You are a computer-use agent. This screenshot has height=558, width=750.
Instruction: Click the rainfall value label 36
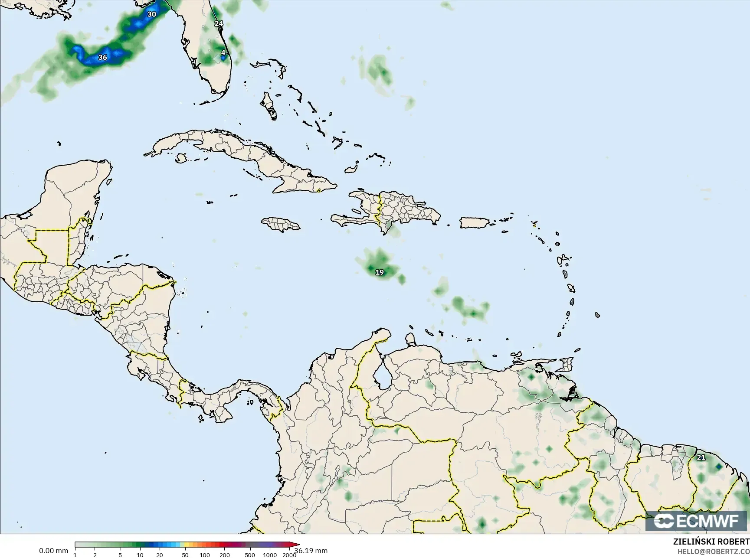tap(102, 57)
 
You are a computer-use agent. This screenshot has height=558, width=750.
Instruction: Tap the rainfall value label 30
tap(151, 14)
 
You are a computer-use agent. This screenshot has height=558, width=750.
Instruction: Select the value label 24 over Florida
tap(219, 23)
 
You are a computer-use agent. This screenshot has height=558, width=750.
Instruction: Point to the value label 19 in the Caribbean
tap(380, 272)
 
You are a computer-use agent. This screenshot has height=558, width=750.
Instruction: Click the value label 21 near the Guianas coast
tap(701, 457)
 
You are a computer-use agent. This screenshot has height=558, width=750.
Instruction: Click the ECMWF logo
tap(697, 521)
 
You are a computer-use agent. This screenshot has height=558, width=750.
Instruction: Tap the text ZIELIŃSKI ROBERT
tap(711, 542)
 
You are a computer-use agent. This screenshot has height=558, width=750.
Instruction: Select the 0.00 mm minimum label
tap(53, 551)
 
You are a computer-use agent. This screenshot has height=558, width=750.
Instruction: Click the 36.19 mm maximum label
tap(311, 551)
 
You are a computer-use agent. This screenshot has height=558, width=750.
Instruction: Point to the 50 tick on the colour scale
tap(185, 555)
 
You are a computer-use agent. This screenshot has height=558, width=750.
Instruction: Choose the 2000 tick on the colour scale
tap(289, 555)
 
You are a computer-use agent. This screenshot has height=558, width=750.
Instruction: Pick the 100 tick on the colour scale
tap(205, 555)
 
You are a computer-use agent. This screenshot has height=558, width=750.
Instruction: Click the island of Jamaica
tap(281, 224)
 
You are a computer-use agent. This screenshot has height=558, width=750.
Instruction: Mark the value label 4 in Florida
tap(223, 52)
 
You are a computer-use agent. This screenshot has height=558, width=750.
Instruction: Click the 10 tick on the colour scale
tap(140, 555)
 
